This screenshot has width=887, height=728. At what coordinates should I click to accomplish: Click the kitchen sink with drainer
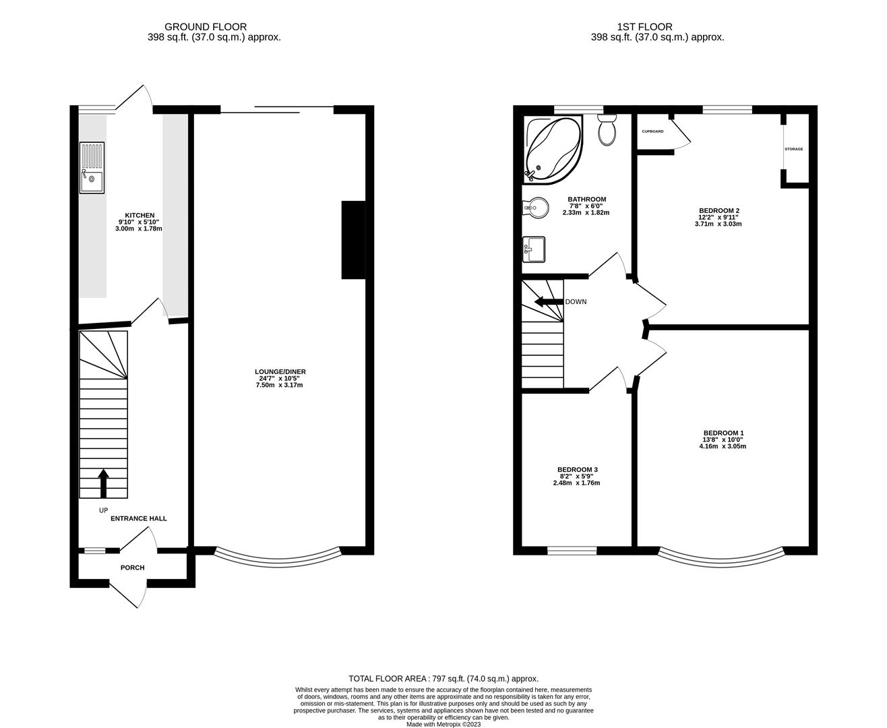click(x=92, y=168)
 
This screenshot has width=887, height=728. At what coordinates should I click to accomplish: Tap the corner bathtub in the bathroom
click(x=553, y=150)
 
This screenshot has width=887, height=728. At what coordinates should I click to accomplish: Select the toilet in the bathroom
click(x=607, y=129)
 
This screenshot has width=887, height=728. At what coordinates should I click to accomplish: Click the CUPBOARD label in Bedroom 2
click(x=652, y=131)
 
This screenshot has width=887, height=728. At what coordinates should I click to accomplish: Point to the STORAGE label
click(x=793, y=149)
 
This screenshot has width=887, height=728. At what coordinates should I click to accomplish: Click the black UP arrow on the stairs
click(x=104, y=484)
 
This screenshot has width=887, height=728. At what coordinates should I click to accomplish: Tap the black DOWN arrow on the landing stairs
click(x=549, y=301)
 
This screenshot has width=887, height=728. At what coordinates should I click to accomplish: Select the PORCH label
click(x=133, y=568)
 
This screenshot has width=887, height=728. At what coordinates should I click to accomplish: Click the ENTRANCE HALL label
click(x=139, y=518)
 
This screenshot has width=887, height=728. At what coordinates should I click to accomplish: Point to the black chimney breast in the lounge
click(x=353, y=240)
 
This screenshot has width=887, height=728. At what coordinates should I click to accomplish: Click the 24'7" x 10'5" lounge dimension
click(x=279, y=379)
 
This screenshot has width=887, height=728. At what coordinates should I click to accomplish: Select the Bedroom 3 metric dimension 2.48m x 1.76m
click(x=576, y=483)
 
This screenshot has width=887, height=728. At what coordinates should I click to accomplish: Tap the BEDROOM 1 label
click(x=724, y=433)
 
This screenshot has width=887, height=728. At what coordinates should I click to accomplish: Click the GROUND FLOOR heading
click(x=206, y=27)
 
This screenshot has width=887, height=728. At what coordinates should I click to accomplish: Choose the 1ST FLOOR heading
click(x=645, y=27)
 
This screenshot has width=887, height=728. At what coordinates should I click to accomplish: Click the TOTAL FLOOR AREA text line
click(x=443, y=678)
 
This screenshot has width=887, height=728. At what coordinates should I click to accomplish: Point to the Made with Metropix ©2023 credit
click(x=443, y=724)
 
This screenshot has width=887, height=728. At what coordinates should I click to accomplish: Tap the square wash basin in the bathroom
click(x=534, y=249)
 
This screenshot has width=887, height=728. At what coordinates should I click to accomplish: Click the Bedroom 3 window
click(x=572, y=550)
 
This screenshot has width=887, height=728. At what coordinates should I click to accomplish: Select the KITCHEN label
click(x=140, y=215)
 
